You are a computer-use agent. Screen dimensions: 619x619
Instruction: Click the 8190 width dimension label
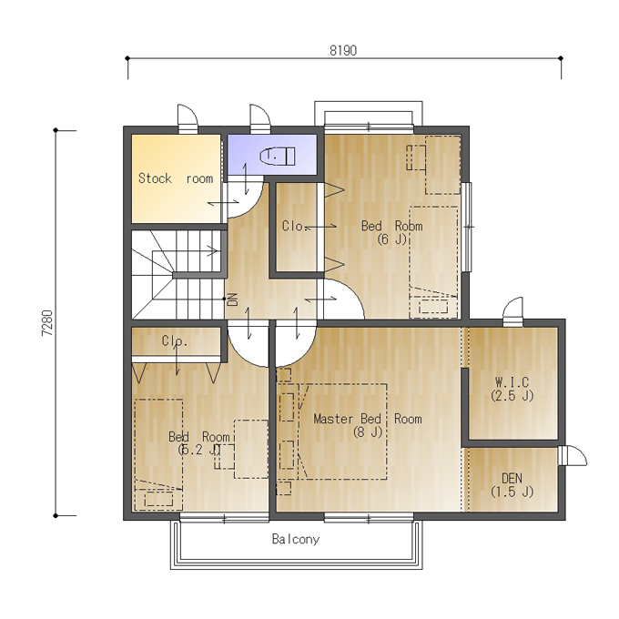pos(343,51)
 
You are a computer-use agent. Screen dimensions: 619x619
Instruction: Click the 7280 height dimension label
pos(47,323)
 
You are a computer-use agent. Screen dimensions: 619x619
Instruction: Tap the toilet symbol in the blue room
pos(278,157)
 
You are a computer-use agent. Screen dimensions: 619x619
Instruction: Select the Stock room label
pos(176,178)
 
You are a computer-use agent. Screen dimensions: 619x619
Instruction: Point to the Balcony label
pos(296,539)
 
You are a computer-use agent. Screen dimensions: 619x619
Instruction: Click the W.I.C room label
pos(512,382)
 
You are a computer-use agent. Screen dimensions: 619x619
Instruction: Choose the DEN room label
pos(512,479)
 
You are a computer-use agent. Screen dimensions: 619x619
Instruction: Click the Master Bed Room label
pos(368,419)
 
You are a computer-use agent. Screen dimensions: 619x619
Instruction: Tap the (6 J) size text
pos(391,239)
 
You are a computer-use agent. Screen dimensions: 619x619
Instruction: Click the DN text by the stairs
pos(233,299)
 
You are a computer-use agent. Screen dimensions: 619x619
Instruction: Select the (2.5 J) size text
pos(512,396)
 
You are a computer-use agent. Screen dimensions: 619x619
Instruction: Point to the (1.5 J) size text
pos(512,492)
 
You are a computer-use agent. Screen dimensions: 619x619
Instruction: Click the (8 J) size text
pos(368,431)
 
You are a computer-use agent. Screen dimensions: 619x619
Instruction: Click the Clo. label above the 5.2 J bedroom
pos(175,340)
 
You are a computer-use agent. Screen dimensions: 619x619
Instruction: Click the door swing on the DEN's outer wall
pos(573,455)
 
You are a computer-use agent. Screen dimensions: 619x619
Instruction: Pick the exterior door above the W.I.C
pos(512,312)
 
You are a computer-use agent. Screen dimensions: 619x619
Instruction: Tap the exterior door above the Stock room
pos(188,119)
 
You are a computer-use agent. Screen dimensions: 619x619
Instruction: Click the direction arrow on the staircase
pos(212,250)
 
